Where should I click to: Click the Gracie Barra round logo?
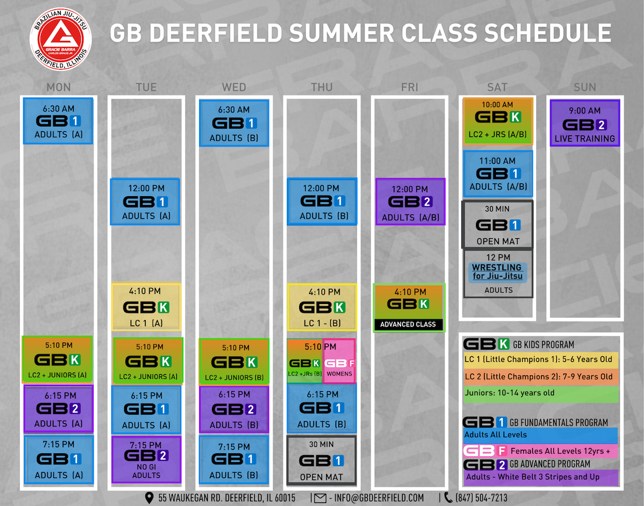[60, 39]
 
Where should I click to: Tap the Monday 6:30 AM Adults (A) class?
[58, 121]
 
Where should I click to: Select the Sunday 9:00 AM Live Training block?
[584, 123]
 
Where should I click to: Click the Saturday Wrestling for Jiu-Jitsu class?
[498, 273]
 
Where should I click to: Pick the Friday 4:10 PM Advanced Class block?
[409, 307]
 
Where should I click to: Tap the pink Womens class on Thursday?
[339, 361]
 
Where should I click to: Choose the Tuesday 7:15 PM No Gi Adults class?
[146, 460]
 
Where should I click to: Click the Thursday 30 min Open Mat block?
[321, 460]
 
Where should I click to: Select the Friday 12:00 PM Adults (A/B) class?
[410, 201]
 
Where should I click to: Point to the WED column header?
[234, 87]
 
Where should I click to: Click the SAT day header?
[497, 87]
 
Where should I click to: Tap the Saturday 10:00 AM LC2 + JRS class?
[498, 121]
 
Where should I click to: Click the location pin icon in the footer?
[149, 498]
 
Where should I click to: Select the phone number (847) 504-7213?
[481, 498]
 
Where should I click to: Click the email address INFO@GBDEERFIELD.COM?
[379, 498]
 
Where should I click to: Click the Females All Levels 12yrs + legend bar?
[540, 451]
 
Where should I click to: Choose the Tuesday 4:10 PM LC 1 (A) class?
[146, 307]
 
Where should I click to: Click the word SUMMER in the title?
[342, 33]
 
